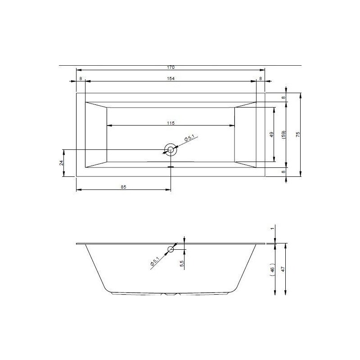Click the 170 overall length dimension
tap(171, 67)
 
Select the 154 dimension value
tap(171, 78)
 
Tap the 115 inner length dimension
tap(171, 123)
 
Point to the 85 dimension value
tap(123, 187)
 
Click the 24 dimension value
tap(61, 163)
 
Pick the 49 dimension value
tap(272, 134)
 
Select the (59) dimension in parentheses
tap(283, 134)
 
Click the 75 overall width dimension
tap(298, 134)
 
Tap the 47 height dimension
tap(283, 269)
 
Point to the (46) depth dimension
tap(272, 269)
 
